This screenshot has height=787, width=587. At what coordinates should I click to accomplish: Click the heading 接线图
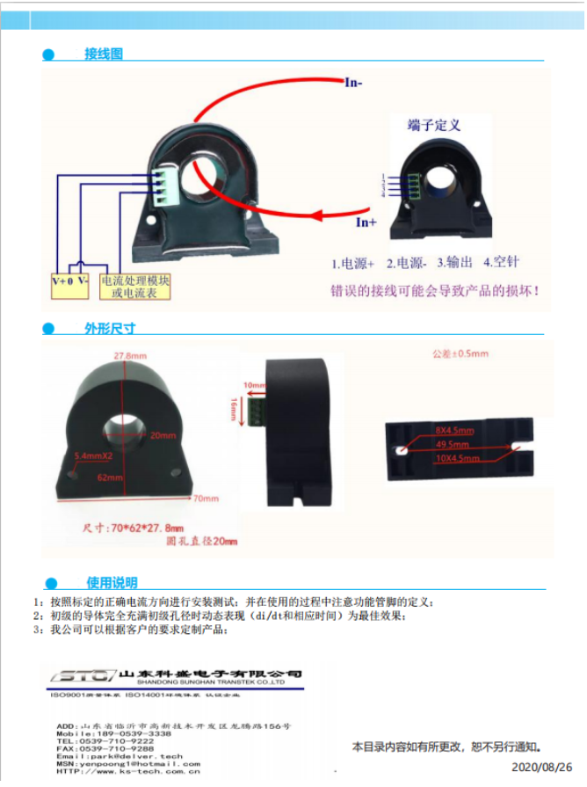coord(103,55)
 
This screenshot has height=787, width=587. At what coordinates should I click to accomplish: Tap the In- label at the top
coord(353,84)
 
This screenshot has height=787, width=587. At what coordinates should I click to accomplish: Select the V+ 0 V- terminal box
coord(70,281)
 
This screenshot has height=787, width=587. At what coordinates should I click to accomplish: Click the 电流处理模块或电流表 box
coord(134,287)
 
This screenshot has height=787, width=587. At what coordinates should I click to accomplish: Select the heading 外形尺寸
coord(110,329)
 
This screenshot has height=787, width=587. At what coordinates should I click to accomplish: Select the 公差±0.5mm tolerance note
coord(460,353)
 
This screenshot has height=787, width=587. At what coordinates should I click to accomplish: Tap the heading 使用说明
coord(112,582)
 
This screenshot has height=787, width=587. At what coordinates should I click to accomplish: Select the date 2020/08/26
coord(541,768)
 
